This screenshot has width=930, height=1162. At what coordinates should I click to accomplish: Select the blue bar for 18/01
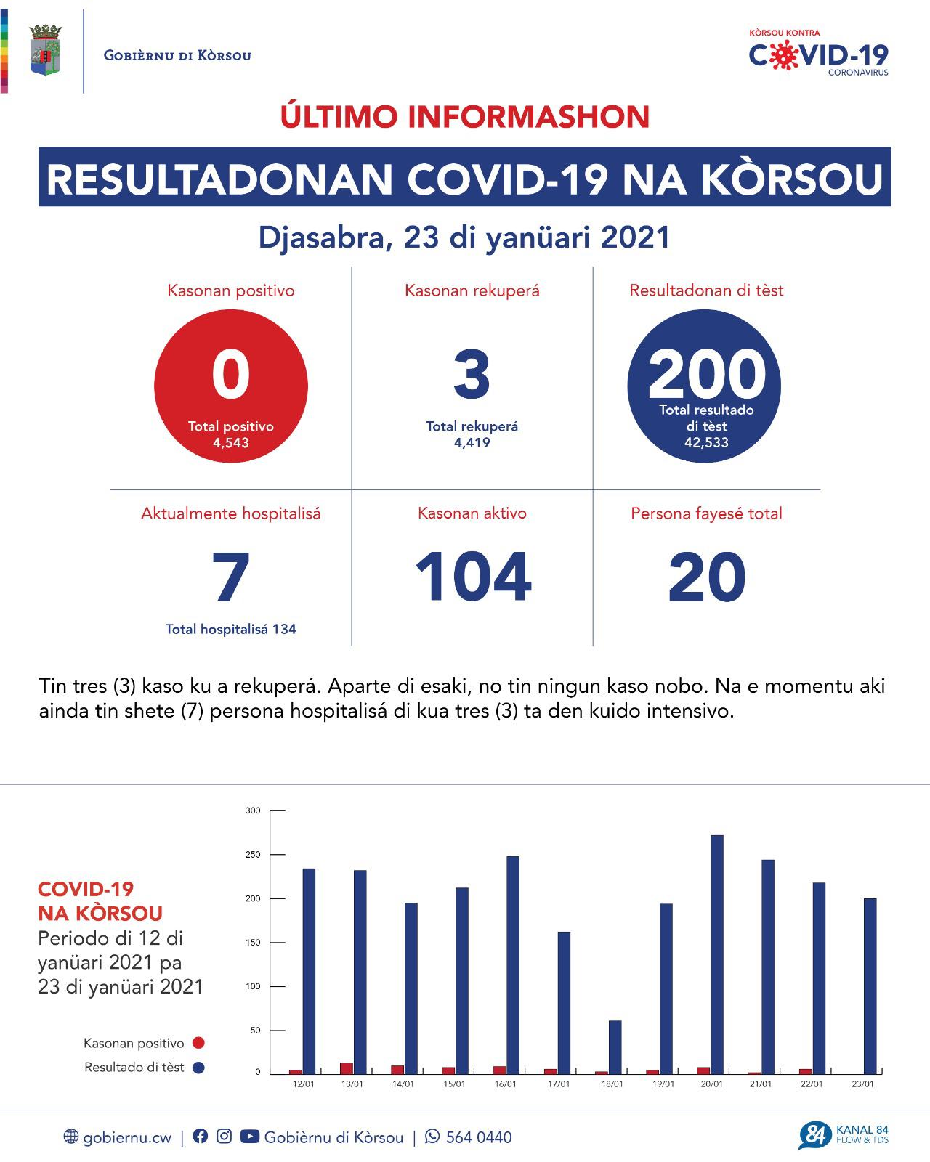(615, 1047)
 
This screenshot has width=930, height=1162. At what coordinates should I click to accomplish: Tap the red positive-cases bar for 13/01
(347, 1068)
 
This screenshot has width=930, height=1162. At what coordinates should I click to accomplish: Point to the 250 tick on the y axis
(253, 855)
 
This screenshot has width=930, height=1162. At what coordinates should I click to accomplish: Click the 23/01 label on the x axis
(862, 1084)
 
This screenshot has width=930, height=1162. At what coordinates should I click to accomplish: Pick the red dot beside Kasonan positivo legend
(198, 1043)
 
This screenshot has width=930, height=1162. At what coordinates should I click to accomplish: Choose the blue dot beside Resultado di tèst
(198, 1068)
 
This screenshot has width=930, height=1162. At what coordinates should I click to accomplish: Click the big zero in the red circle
(231, 375)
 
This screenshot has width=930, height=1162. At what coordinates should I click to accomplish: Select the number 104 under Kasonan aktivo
(473, 577)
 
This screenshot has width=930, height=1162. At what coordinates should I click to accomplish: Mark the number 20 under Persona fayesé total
(706, 577)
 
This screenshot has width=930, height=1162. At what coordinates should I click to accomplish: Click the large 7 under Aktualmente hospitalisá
(231, 577)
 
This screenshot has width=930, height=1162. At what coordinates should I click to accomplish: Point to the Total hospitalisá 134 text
(231, 629)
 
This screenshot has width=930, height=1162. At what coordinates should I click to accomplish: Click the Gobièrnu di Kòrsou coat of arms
(45, 51)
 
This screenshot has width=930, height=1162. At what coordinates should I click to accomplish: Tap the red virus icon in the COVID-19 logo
(783, 56)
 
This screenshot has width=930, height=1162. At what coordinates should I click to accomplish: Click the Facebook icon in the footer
(200, 1137)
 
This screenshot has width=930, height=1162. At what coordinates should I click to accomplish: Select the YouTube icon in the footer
(249, 1137)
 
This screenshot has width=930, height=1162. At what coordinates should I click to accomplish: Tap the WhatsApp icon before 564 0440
(432, 1137)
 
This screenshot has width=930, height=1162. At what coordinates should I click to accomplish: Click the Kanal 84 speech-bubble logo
(814, 1136)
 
